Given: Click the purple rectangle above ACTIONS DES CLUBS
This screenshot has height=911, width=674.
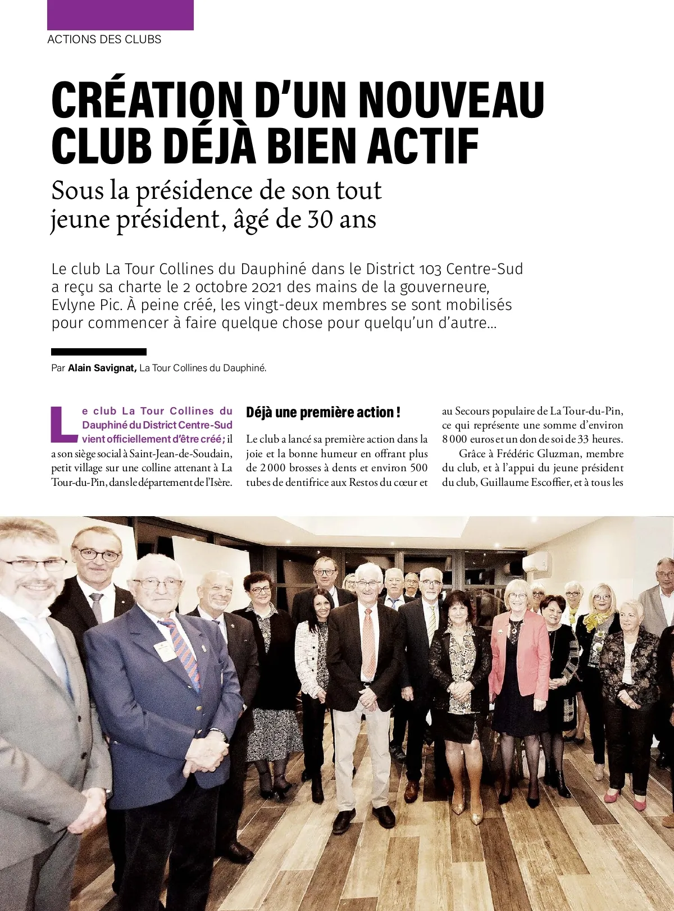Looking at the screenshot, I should tap(120, 15).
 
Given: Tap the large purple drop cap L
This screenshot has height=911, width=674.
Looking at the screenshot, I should tap(63, 424).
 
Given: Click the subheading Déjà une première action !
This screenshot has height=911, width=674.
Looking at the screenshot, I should tap(323, 412).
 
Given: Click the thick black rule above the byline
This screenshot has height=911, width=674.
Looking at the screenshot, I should tap(99, 352).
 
